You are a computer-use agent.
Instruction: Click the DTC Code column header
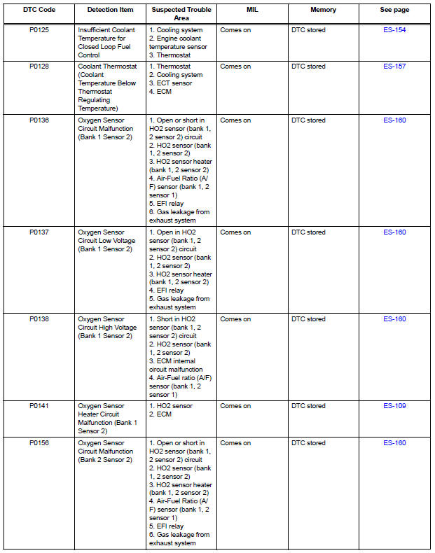pos(39,10)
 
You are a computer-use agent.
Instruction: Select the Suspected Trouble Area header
pos(181,14)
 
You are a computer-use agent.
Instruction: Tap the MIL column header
pos(252,10)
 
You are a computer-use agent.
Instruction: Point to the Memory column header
pos(323,10)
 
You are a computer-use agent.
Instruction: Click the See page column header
pos(394,10)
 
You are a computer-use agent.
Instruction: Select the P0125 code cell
pos(39,30)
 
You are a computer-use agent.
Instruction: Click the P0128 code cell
pos(39,66)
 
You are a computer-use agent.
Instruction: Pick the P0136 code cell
pos(39,120)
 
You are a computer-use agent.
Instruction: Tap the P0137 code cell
pos(39,232)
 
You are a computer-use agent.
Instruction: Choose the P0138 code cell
pos(39,319)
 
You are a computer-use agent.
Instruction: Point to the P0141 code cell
pos(39,406)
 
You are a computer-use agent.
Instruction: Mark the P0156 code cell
pos(39,443)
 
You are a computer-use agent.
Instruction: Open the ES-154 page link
pos(394,30)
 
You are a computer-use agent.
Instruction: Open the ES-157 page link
pos(394,66)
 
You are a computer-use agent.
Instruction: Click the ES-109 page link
pos(394,406)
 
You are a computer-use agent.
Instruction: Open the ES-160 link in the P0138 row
pos(394,319)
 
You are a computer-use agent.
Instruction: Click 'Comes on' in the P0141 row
pos(235,406)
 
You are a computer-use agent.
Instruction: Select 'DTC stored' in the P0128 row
pos(308,66)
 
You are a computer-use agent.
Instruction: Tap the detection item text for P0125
pos(106,43)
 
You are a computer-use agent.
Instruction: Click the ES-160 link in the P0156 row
pos(394,443)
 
